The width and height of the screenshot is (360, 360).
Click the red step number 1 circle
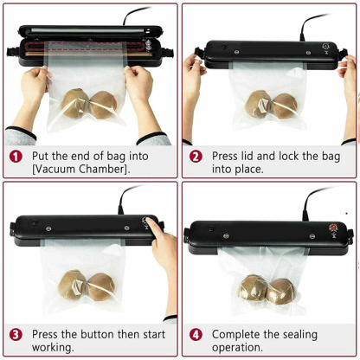tap(16, 156)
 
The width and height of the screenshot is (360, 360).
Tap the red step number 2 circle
tap(196, 156)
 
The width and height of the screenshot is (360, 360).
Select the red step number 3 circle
tap(16, 334)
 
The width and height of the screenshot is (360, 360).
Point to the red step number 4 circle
tap(196, 334)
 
